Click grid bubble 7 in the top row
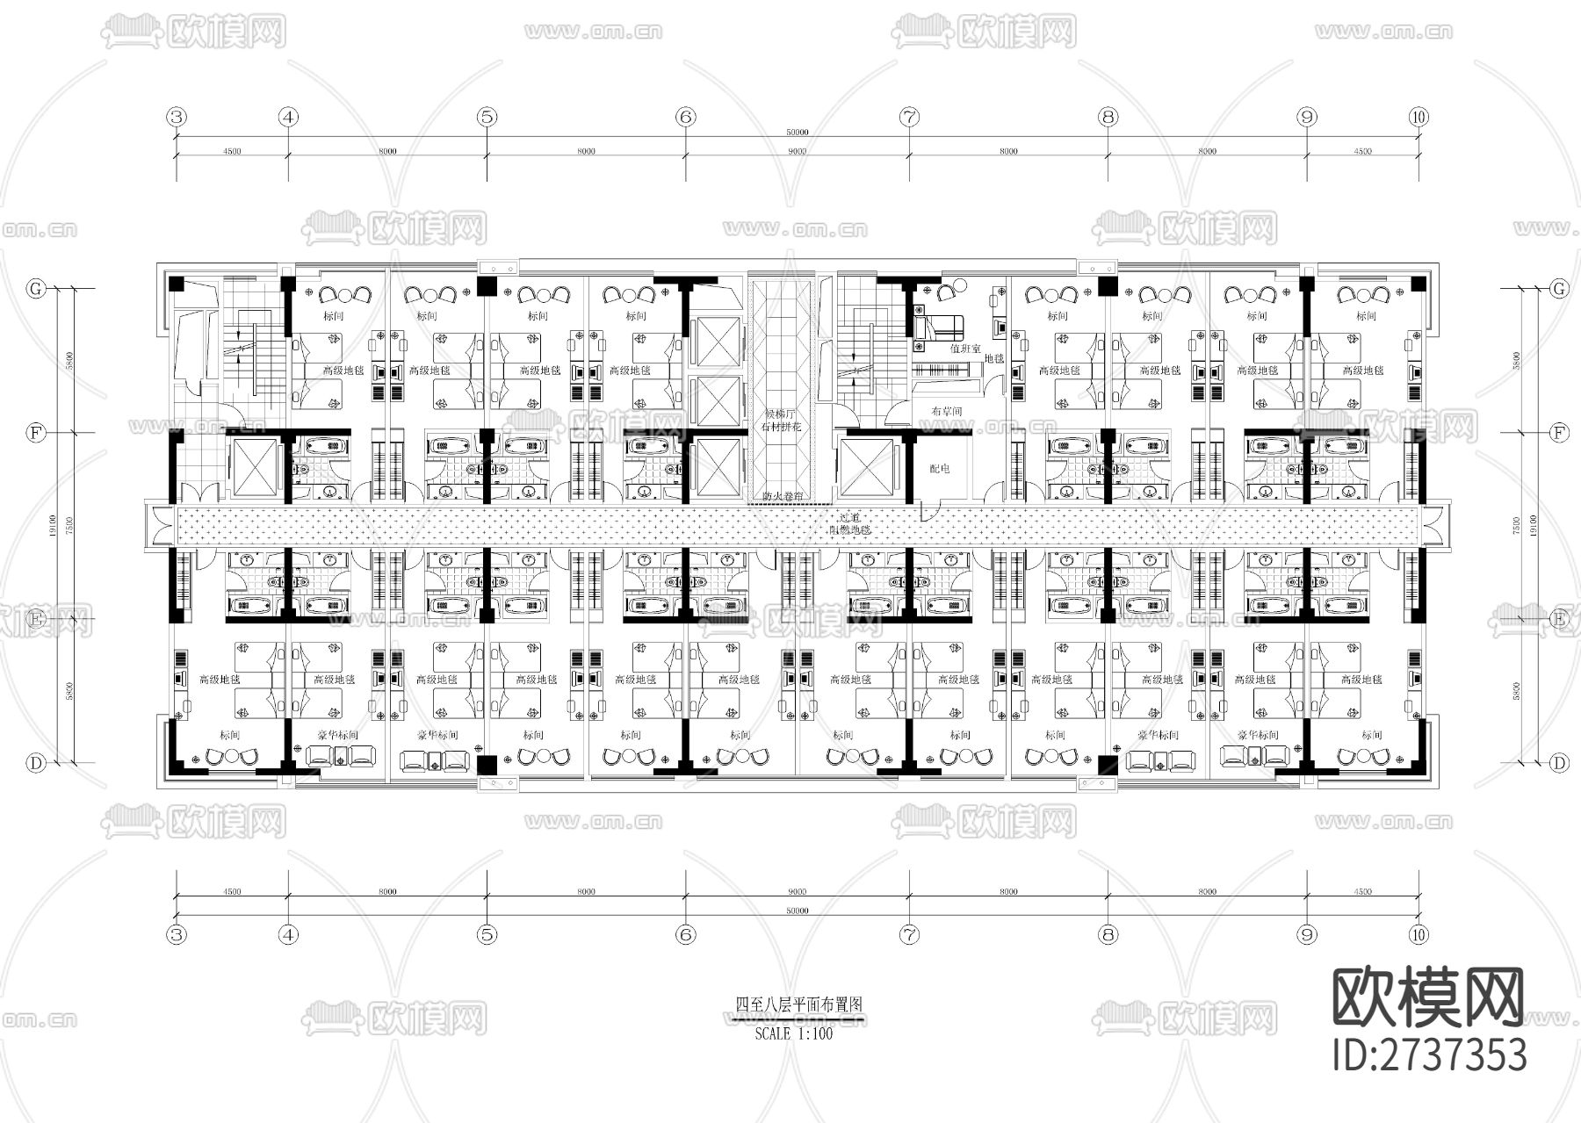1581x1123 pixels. click(x=909, y=116)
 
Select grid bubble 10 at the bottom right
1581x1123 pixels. click(x=1419, y=935)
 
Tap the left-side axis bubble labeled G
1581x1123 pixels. click(x=36, y=288)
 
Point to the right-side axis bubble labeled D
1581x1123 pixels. click(x=1559, y=763)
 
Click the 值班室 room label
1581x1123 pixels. click(x=964, y=349)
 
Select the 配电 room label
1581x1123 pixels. click(x=939, y=469)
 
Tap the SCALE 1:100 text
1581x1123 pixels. click(x=793, y=1033)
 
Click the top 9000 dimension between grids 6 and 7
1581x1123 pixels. click(x=797, y=151)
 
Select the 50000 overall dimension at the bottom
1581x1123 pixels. click(x=797, y=911)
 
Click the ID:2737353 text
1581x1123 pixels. click(x=1429, y=1055)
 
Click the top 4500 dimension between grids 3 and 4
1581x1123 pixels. click(x=232, y=151)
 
